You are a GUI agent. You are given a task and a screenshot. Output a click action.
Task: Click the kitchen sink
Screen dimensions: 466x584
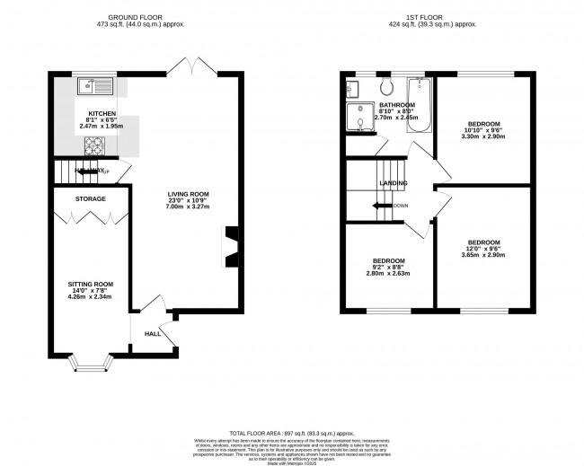pos(92,87)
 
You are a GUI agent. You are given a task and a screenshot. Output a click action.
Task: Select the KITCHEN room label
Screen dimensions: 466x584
pos(102,114)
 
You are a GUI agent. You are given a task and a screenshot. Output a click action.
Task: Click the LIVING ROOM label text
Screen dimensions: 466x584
pos(188,194)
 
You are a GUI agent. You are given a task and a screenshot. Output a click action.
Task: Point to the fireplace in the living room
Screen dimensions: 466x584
pos(232,246)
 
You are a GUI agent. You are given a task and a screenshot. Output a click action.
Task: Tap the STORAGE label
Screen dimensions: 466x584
pos(90,198)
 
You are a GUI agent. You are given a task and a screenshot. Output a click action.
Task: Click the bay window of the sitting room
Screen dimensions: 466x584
pos(91,363)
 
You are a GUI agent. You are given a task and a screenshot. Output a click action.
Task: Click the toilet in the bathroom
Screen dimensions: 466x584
pos(386,87)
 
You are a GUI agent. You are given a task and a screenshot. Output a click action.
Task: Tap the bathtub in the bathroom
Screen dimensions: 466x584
pos(420,105)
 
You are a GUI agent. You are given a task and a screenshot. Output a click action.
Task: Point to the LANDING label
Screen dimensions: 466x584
pos(394,184)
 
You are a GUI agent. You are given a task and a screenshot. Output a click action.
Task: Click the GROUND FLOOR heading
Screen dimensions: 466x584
pos(146,16)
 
